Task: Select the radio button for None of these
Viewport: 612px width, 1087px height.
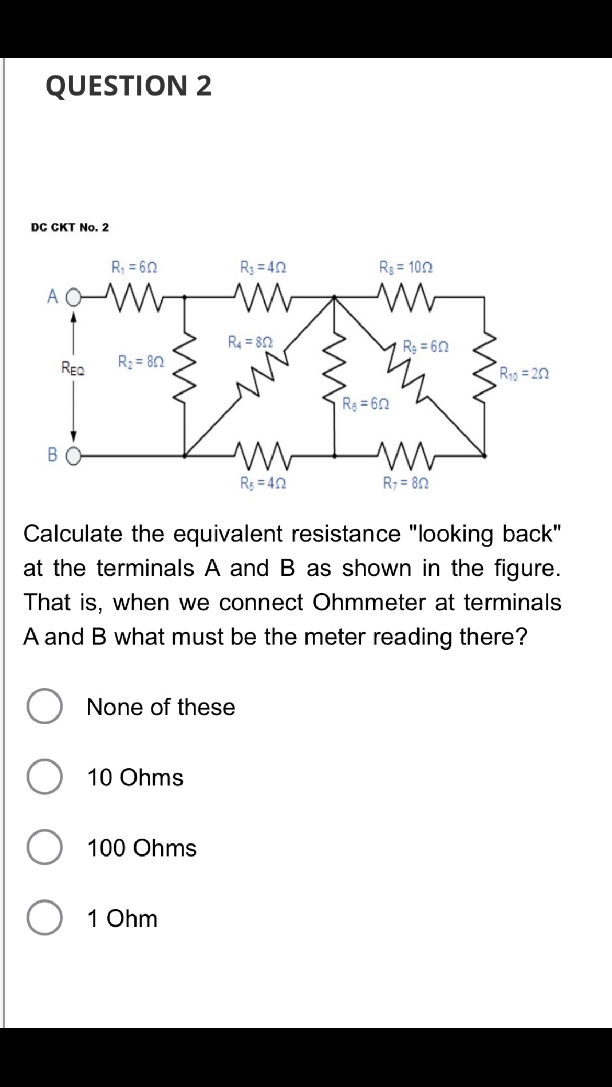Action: coord(44,707)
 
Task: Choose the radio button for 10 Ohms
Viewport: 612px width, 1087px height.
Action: coord(44,777)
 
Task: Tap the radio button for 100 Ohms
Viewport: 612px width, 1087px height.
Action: coord(44,848)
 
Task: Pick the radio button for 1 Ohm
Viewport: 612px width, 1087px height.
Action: coord(44,918)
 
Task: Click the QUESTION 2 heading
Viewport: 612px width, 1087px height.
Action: coord(129,86)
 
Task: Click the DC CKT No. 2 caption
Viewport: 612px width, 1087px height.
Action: coord(70,227)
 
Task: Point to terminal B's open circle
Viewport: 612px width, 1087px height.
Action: coord(74,456)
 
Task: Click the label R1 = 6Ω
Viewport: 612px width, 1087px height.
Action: coord(135,268)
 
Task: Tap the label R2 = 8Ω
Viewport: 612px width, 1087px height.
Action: coord(141,361)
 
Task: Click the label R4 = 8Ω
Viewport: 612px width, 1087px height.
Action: coord(250,342)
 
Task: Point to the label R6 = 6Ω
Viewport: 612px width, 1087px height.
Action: coord(366,403)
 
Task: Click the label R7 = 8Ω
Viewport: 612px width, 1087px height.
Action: coord(406,483)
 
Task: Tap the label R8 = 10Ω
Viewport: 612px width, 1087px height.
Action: coord(406,268)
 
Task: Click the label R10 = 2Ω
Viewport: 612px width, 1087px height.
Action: coord(524,374)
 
